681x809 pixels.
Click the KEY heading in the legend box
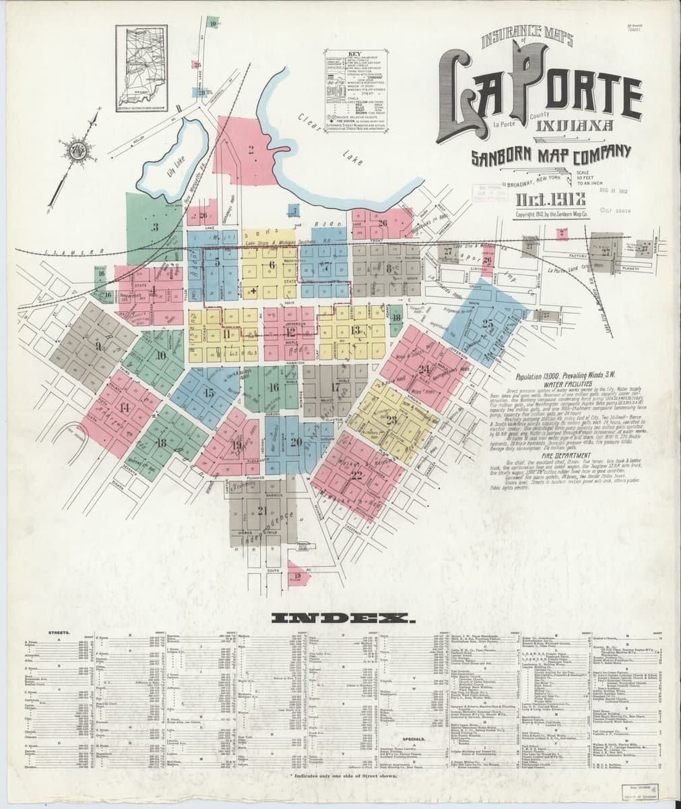[x=355, y=53]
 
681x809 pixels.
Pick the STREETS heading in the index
[x=59, y=633]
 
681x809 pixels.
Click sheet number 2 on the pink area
[x=251, y=150]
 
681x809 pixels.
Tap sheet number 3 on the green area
[x=154, y=227]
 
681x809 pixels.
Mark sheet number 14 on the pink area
[x=125, y=407]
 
